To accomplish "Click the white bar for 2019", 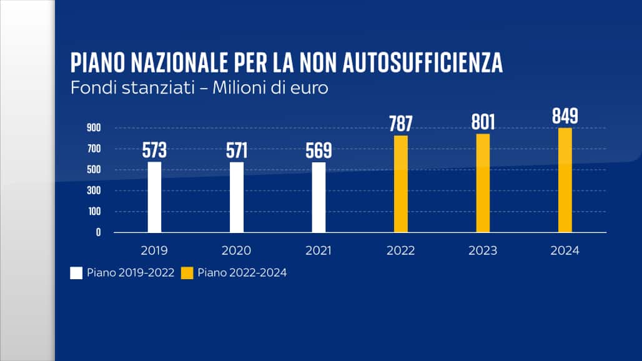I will (x=154, y=197).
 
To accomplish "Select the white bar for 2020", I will (x=237, y=197).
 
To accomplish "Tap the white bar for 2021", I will (x=319, y=197).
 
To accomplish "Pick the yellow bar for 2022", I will (x=401, y=184).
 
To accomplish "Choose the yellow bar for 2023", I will (x=483, y=182).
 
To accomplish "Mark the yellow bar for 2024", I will (x=565, y=180).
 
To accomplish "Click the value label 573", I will (x=154, y=151).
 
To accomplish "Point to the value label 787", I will (x=400, y=124).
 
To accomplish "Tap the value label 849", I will (x=565, y=116).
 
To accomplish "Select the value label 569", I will (x=319, y=151).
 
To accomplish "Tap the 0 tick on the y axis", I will (x=98, y=232).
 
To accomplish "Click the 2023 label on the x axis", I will (x=483, y=251).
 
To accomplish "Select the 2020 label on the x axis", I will (x=237, y=251).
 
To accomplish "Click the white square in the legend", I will (x=76, y=272).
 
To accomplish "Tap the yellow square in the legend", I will (x=187, y=272).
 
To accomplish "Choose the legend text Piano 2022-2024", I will (x=242, y=272).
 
